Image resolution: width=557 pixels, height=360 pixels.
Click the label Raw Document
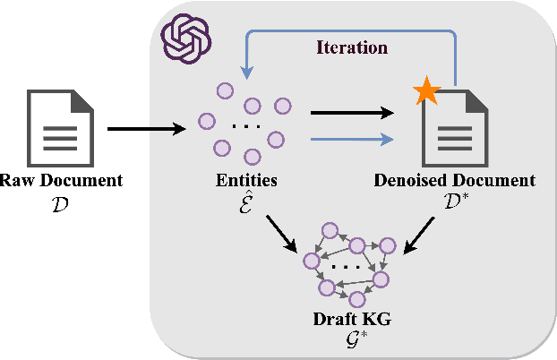[x=60, y=181]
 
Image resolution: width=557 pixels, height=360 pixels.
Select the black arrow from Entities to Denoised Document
[x=351, y=114]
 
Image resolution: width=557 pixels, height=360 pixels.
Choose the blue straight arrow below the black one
[x=351, y=139]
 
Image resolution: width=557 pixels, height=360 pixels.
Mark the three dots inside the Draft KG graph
[x=347, y=266]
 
